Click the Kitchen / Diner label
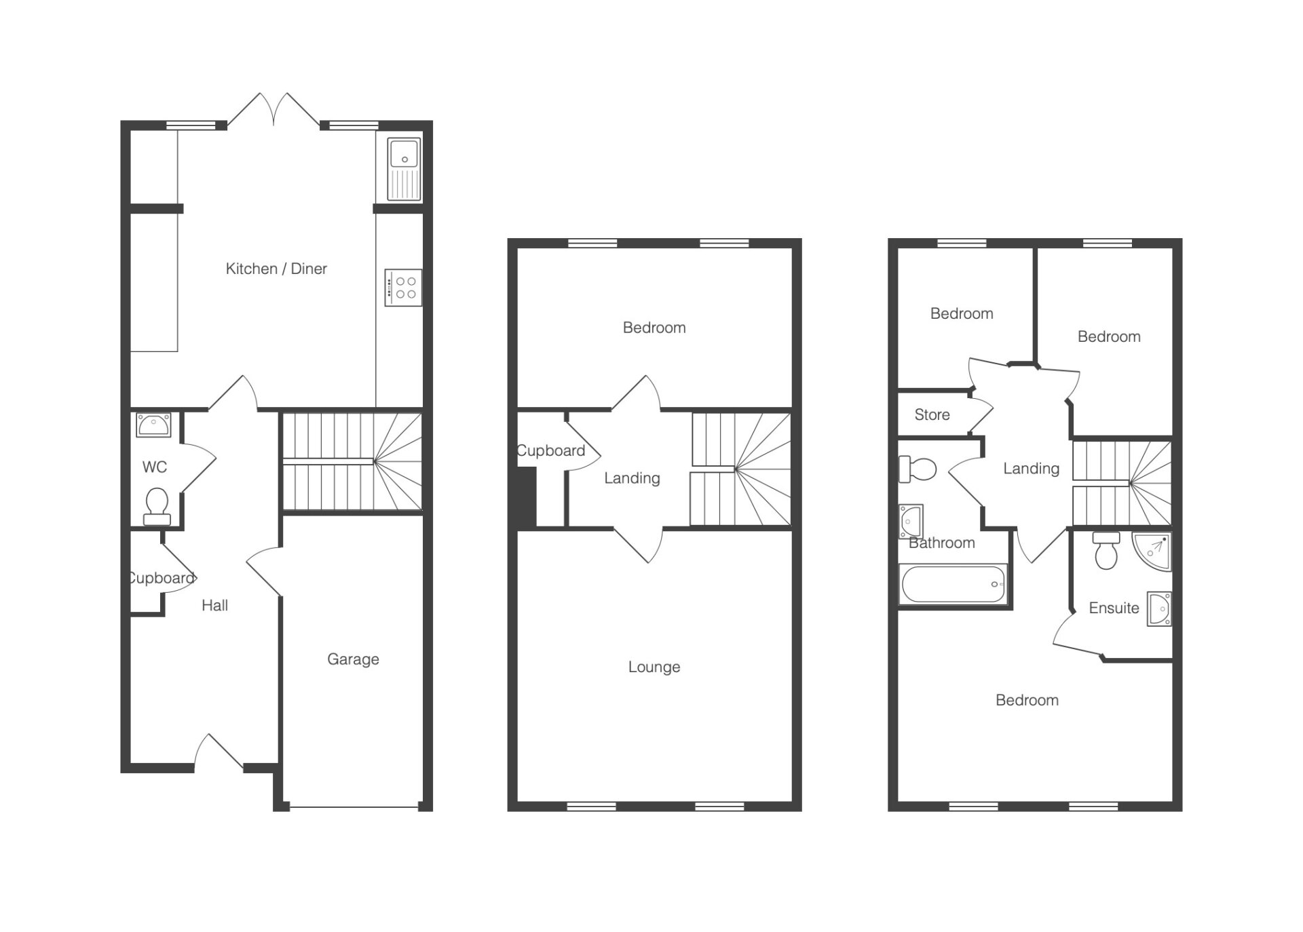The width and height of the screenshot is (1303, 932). [x=276, y=269]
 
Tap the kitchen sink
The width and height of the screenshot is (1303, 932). [x=404, y=169]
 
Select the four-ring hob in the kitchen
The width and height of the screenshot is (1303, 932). [x=403, y=288]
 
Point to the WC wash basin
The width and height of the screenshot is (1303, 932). [x=154, y=425]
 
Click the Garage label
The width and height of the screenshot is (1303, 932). [x=353, y=659]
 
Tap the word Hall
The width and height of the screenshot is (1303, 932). [x=214, y=605]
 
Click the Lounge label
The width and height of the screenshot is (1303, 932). [x=654, y=667]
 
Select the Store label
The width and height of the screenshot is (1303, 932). [x=932, y=414]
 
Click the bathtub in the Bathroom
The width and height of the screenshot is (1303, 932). [x=953, y=583]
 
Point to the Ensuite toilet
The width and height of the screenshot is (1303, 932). [x=1106, y=551]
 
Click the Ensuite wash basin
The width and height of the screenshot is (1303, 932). [x=1159, y=608]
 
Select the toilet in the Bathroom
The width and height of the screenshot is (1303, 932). [x=918, y=469]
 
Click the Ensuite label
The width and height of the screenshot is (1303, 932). [x=1114, y=608]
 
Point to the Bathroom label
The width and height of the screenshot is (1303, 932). [x=942, y=543]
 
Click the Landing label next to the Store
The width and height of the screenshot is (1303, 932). [x=1031, y=468]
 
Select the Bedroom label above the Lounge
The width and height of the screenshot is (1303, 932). [x=654, y=328]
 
